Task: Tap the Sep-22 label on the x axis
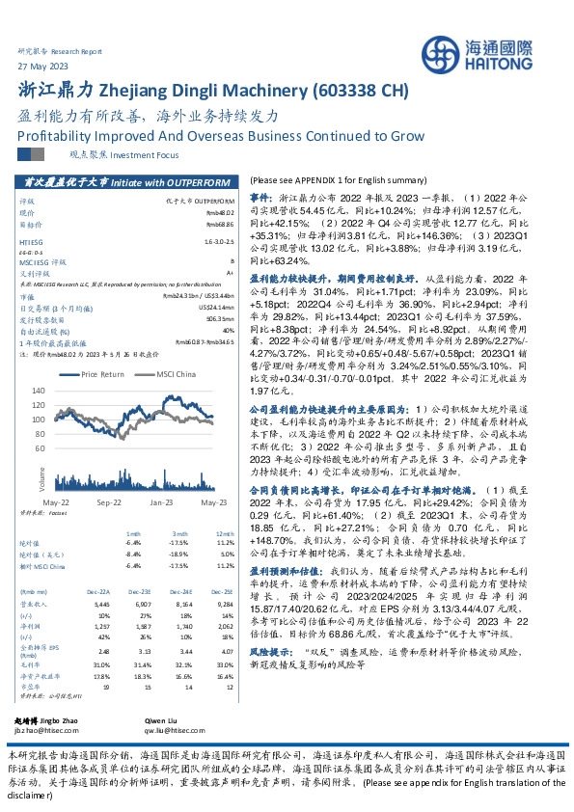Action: [108, 504]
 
